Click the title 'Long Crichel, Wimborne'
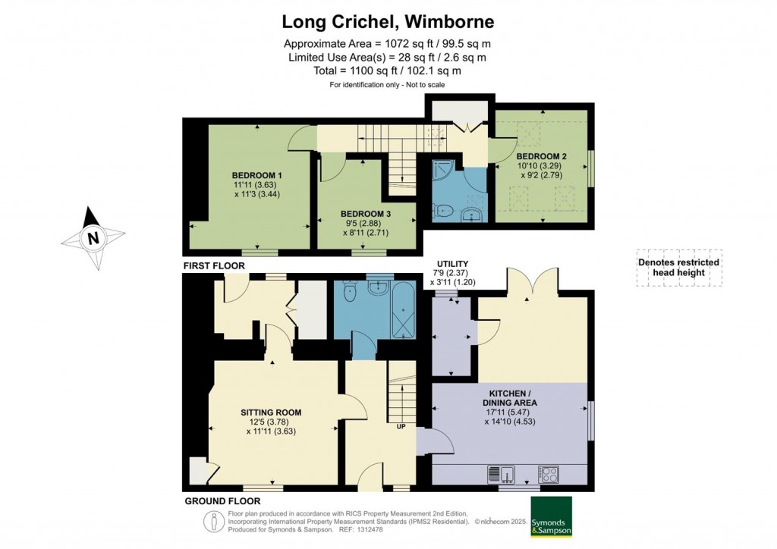388,22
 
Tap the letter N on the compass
93,238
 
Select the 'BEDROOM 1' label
256,175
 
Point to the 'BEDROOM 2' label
541,156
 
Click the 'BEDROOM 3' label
366,214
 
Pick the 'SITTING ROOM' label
271,413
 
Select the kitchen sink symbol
502,474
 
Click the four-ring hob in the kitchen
548,474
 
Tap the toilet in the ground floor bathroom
350,292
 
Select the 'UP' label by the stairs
401,425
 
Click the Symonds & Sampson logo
551,516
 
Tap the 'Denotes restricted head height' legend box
679,268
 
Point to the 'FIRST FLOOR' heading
214,266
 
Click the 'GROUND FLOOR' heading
222,501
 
